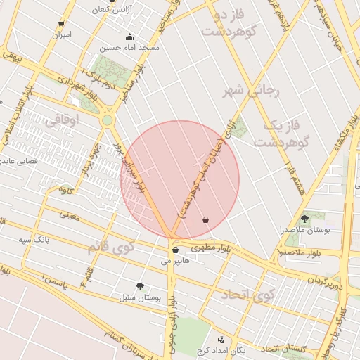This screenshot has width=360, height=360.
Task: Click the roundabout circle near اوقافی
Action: (x=107, y=120)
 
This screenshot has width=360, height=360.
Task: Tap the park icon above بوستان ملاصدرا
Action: (x=304, y=219)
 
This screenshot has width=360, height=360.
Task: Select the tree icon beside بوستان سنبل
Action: (x=141, y=286)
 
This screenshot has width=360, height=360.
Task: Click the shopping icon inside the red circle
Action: (x=205, y=220)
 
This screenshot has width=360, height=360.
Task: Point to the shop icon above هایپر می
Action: (x=174, y=250)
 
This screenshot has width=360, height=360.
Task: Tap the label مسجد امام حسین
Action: (x=129, y=48)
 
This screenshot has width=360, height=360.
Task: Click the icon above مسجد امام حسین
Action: (x=129, y=37)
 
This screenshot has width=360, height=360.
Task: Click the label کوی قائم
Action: (x=110, y=247)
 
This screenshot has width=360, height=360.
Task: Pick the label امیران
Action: (x=61, y=34)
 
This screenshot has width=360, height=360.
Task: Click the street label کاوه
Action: (x=67, y=189)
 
